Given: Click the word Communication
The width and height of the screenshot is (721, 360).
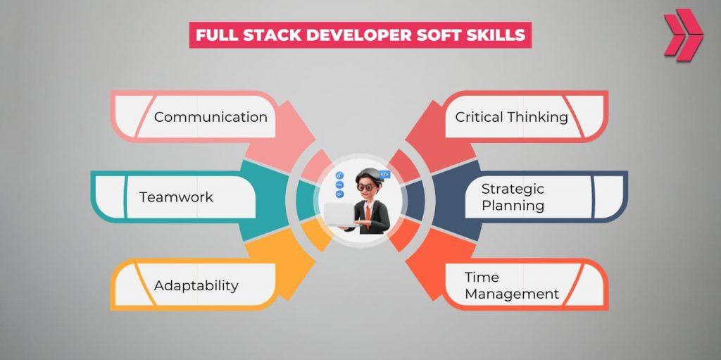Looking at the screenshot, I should click(x=211, y=117).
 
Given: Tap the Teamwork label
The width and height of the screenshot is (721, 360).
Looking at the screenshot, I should click(x=176, y=197).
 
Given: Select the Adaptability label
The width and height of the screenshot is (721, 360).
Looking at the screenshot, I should click(x=196, y=285).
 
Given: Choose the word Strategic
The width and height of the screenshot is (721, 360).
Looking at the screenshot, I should click(x=513, y=189).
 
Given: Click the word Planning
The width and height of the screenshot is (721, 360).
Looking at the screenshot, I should click(x=513, y=206).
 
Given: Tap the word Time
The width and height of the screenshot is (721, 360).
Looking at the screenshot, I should click(x=482, y=277).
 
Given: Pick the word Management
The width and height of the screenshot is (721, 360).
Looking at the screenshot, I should click(x=512, y=294).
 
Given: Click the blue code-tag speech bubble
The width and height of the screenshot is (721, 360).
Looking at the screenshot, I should click(x=384, y=173).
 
